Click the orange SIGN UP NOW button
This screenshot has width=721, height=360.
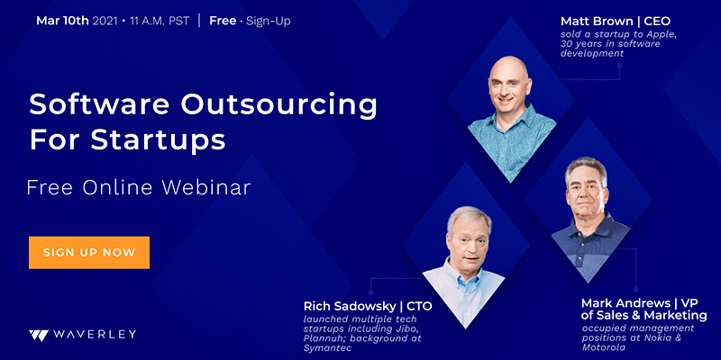click(89, 252)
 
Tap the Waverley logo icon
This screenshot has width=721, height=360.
click(38, 335)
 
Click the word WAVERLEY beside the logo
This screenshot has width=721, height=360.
click(95, 335)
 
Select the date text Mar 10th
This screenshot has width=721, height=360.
click(63, 21)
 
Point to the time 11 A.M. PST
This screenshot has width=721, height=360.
click(160, 21)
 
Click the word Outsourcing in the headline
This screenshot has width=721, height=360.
click(278, 106)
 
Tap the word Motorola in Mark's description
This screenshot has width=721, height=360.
click(604, 347)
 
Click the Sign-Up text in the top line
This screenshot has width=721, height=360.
click(269, 21)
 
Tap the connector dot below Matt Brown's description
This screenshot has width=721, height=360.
click(619, 66)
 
